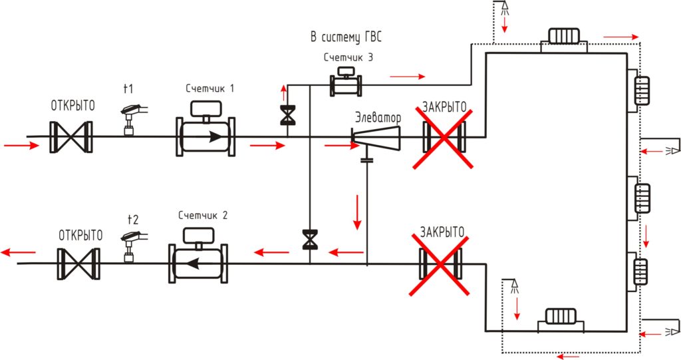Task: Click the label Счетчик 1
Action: pyautogui.click(x=209, y=89)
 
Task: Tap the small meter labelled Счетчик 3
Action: pyautogui.click(x=346, y=82)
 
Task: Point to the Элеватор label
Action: pyautogui.click(x=378, y=117)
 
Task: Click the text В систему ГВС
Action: pyautogui.click(x=346, y=37)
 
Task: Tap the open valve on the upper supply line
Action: pyautogui.click(x=71, y=137)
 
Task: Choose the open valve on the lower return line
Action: pyautogui.click(x=78, y=264)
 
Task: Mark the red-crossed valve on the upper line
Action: pyautogui.click(x=444, y=137)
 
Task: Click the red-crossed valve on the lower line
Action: pyautogui.click(x=440, y=264)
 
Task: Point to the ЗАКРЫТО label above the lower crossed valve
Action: pyautogui.click(x=442, y=232)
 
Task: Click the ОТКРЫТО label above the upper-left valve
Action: pyautogui.click(x=73, y=106)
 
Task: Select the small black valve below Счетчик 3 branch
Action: pyautogui.click(x=287, y=115)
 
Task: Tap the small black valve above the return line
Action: pyautogui.click(x=310, y=240)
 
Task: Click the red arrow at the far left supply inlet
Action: pyautogui.click(x=21, y=146)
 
